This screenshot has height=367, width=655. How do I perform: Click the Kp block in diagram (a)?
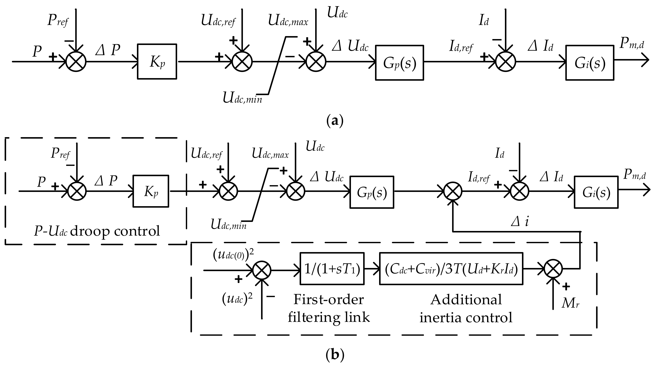pos(157,61)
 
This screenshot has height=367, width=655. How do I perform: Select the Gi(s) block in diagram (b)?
pos(596,192)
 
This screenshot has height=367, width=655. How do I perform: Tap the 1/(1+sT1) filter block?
pos(332,269)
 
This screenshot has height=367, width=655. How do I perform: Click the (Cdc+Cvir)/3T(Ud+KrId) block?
pos(451,269)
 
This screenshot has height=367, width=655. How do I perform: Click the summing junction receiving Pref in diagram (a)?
pos(76,61)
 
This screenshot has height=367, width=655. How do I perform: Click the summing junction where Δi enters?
pos(453,191)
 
